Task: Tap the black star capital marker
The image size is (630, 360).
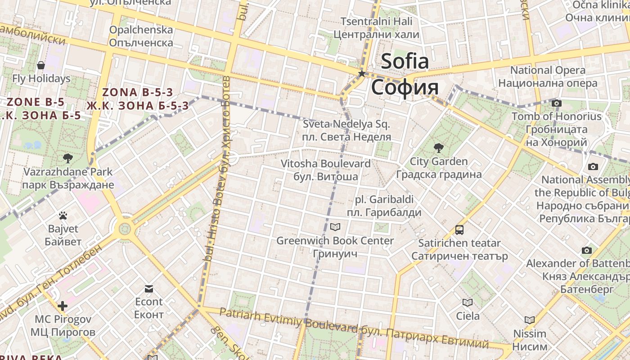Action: (x=361, y=73)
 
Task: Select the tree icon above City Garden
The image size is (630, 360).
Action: (x=438, y=148)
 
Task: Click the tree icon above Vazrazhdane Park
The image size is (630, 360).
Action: (x=68, y=158)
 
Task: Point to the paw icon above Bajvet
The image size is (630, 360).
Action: (x=63, y=216)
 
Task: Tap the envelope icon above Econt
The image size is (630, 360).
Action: (x=149, y=288)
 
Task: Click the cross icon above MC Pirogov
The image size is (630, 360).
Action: (x=63, y=306)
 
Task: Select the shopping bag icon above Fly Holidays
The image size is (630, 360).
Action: (x=41, y=65)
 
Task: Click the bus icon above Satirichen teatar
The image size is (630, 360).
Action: (x=459, y=230)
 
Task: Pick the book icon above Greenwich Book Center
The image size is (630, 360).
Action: (x=335, y=227)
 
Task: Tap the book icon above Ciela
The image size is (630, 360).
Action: (x=468, y=302)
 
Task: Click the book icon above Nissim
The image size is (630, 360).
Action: (x=530, y=320)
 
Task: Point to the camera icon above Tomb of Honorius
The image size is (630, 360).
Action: (x=557, y=103)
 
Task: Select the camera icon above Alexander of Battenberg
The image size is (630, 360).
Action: (x=587, y=250)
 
